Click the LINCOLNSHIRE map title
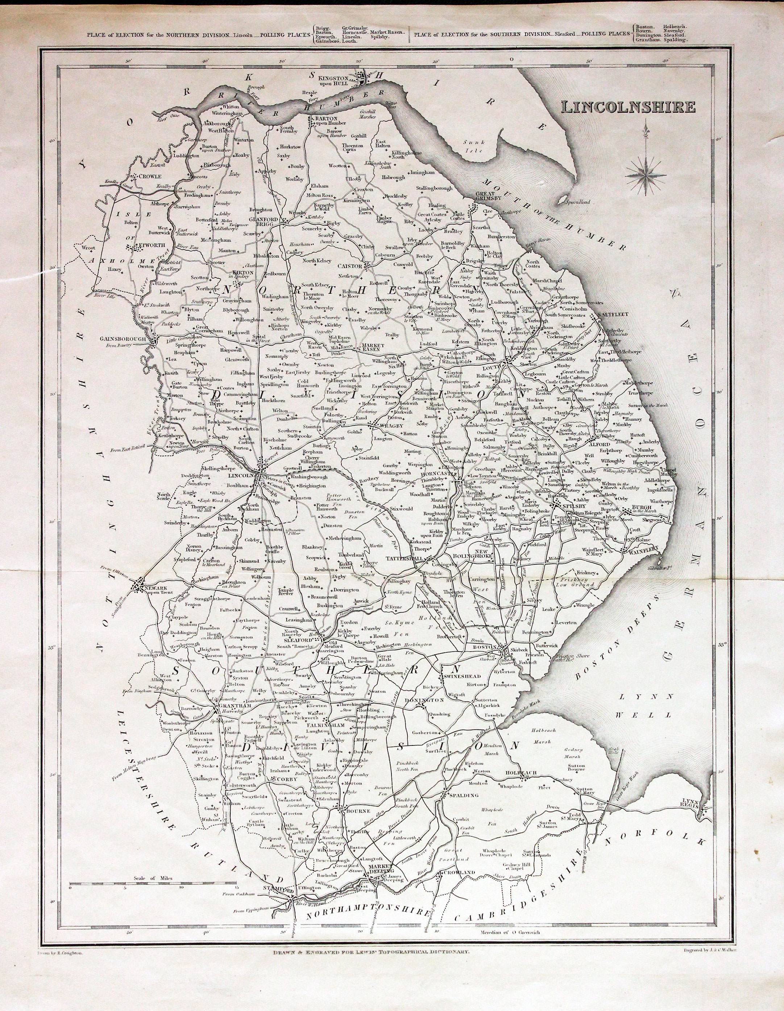pos(628,107)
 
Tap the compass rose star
pos(646,175)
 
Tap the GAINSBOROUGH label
pos(123,339)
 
